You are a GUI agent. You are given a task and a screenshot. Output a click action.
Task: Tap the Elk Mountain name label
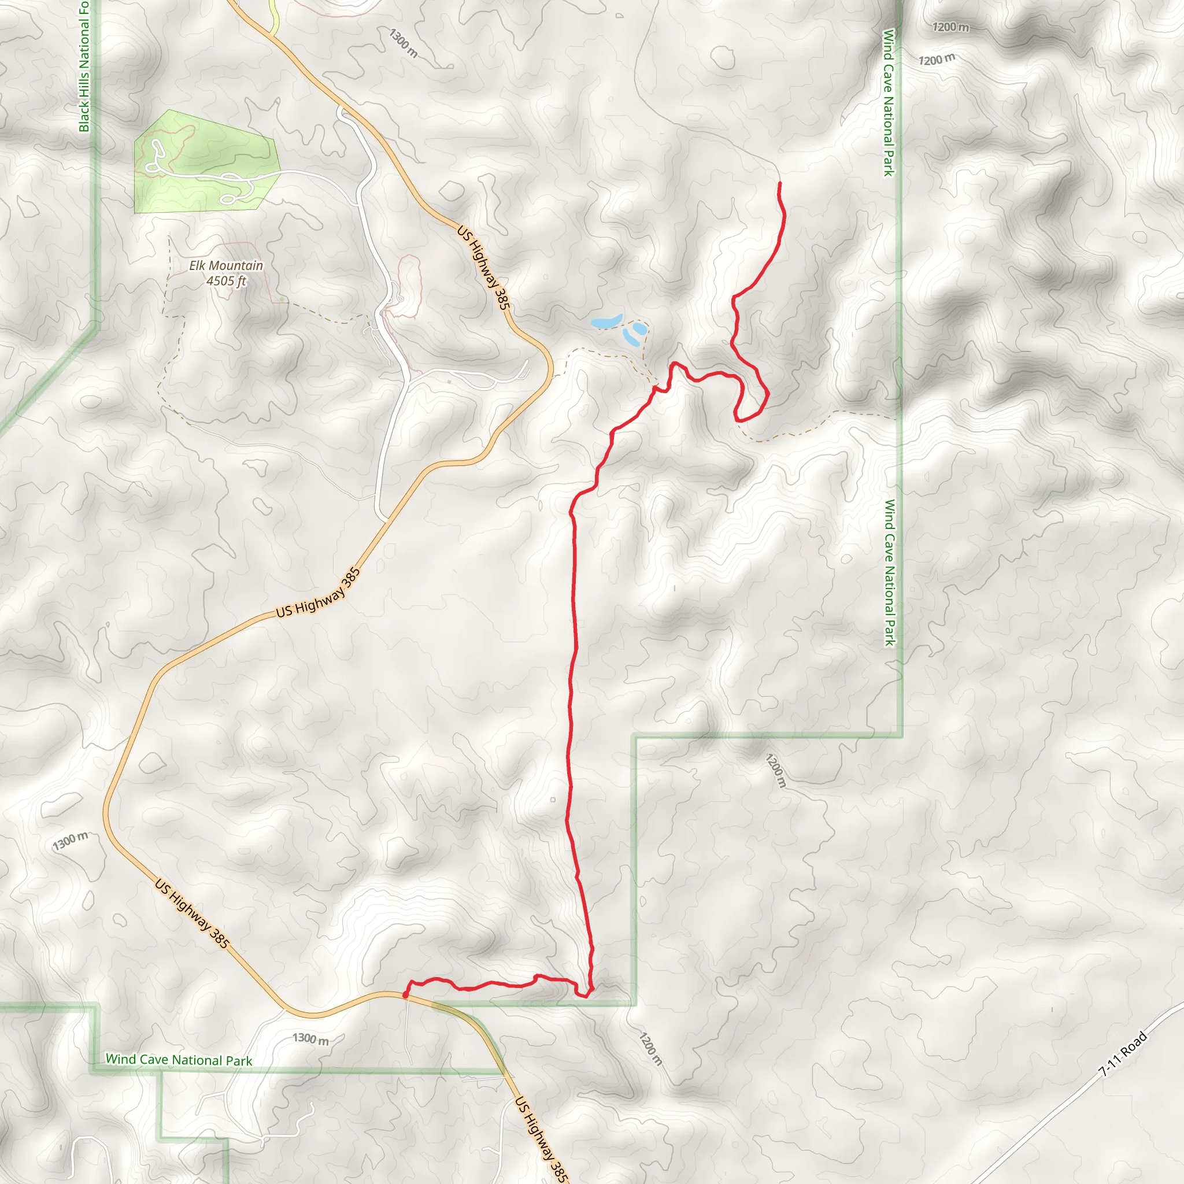pyautogui.click(x=225, y=265)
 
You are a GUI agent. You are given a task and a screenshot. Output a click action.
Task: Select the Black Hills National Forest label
pyautogui.click(x=84, y=66)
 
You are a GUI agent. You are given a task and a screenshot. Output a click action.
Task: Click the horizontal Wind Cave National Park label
pyautogui.click(x=179, y=1060)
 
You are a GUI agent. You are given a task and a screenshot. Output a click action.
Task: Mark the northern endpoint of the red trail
pyautogui.click(x=779, y=183)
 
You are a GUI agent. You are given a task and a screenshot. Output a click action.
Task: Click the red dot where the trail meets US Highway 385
pyautogui.click(x=406, y=994)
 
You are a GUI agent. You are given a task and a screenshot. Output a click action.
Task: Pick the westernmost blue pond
pyautogui.click(x=606, y=322)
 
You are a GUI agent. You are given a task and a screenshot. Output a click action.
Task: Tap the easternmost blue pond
pyautogui.click(x=639, y=329)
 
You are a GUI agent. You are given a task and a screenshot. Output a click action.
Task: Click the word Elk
pyautogui.click(x=197, y=265)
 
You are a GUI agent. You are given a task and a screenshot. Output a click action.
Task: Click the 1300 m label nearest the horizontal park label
pyautogui.click(x=310, y=1038)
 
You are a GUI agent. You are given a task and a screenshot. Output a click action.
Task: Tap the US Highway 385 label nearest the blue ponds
pyautogui.click(x=483, y=267)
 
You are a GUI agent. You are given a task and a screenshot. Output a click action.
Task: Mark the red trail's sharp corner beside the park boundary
pyautogui.click(x=587, y=996)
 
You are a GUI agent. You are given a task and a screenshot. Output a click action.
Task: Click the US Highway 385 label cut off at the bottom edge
pyautogui.click(x=541, y=1139)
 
